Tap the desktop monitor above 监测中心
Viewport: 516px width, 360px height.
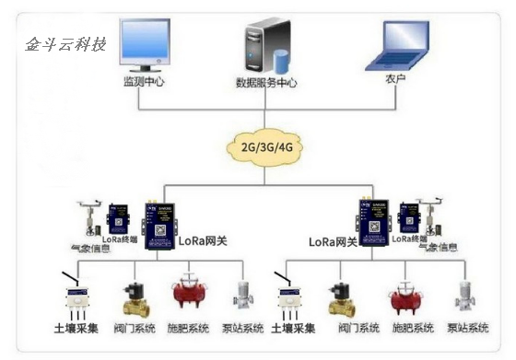(x=143, y=45)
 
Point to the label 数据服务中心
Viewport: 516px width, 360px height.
(x=266, y=82)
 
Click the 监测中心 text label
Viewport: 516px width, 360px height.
(x=143, y=81)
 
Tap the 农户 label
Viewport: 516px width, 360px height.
(x=397, y=81)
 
